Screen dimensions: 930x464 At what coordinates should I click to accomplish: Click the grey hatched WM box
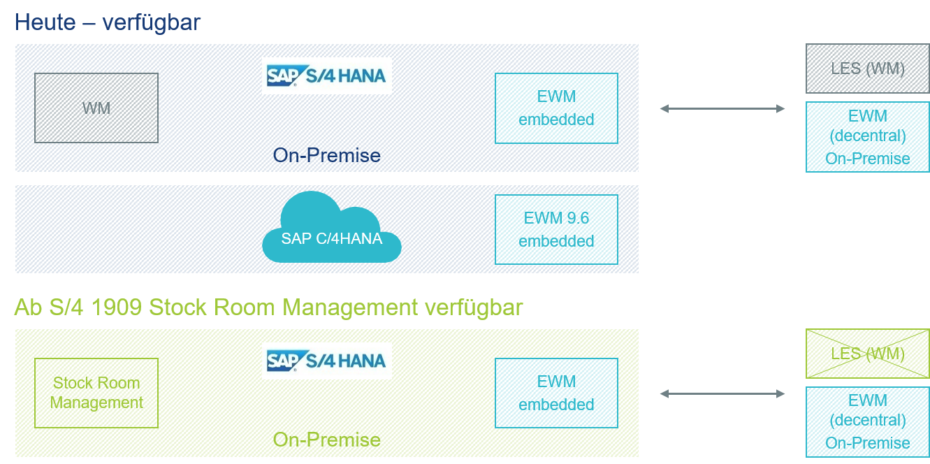(x=96, y=108)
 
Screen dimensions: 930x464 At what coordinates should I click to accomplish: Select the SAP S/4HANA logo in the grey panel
(x=326, y=75)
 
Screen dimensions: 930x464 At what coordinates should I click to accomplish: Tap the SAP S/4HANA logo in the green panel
(x=326, y=361)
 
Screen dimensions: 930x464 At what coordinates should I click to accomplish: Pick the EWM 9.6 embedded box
(x=556, y=229)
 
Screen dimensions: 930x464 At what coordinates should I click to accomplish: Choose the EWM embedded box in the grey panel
(x=556, y=108)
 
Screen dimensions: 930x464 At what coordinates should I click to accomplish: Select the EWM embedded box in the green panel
(x=556, y=393)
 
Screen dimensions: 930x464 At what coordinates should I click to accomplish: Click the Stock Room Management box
(x=96, y=393)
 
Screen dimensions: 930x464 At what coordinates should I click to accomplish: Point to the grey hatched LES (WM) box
(x=867, y=68)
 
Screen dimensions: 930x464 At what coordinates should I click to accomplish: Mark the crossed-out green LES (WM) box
(x=867, y=354)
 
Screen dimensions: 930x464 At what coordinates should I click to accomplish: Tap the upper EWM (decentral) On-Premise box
(x=867, y=137)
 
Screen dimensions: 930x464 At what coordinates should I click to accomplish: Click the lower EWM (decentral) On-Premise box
(x=867, y=421)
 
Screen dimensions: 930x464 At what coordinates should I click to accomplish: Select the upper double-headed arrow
(x=722, y=109)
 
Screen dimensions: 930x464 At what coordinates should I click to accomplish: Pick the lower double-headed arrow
(x=722, y=394)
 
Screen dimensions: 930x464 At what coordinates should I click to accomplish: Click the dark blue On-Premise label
(x=327, y=155)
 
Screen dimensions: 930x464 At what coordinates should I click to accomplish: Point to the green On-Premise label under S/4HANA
(x=327, y=440)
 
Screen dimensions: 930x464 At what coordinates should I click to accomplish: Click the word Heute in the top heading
(x=45, y=22)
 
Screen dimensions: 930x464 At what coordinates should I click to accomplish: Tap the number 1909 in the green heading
(x=116, y=307)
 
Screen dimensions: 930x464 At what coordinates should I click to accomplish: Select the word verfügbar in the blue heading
(x=151, y=23)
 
